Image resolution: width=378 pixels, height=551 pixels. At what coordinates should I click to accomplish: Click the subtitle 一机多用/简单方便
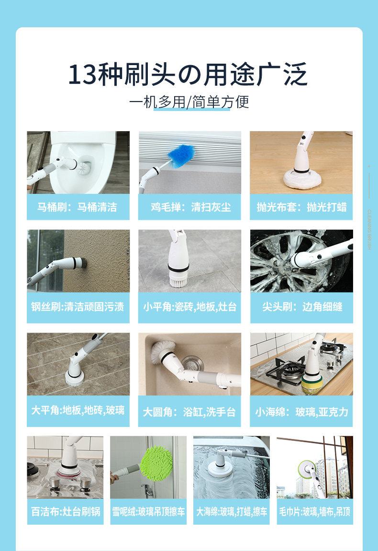click(189, 102)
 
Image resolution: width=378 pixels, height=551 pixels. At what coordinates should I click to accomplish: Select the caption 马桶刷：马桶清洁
click(78, 207)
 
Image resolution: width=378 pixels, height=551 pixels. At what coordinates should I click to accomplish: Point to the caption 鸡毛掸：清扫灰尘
click(191, 207)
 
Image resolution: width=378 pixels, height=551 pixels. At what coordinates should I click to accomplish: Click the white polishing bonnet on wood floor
click(302, 179)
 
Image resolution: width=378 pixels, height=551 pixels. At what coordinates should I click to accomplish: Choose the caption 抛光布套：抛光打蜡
click(301, 207)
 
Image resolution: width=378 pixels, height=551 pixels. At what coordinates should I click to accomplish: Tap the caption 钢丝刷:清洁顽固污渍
click(78, 307)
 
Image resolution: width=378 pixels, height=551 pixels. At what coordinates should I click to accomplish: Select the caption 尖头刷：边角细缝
click(302, 307)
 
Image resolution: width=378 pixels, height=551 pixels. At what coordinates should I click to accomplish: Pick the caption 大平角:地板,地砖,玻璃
click(78, 410)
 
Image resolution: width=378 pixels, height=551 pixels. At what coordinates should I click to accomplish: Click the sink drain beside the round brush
click(192, 364)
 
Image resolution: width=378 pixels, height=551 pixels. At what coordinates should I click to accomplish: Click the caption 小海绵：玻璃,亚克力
click(302, 412)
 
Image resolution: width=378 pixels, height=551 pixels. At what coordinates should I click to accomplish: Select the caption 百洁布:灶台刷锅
click(66, 511)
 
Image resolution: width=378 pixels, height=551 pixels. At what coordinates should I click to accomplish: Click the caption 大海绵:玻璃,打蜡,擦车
click(232, 511)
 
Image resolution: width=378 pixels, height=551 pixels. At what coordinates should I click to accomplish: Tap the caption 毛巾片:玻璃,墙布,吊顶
click(315, 511)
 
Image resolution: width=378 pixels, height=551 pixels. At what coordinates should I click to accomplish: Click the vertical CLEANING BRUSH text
click(369, 229)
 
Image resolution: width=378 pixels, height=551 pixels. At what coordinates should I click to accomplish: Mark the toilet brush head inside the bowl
click(84, 167)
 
